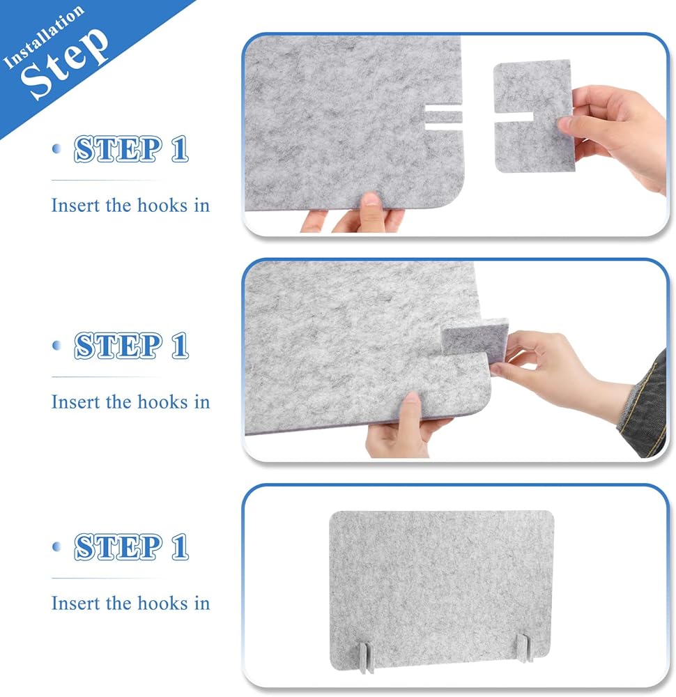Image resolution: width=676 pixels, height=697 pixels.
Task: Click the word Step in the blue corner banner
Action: click(x=65, y=62)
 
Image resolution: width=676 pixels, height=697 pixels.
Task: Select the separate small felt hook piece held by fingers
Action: click(x=534, y=116)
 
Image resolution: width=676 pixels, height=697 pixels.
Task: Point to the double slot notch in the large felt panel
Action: click(x=443, y=117)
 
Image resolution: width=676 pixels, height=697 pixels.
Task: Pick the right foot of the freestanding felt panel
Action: click(x=523, y=649)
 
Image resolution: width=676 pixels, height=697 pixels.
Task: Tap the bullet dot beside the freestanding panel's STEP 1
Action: click(x=56, y=546)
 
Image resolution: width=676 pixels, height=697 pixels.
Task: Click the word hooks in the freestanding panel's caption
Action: click(x=162, y=603)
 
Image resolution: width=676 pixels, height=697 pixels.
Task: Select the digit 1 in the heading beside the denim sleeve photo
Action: click(x=180, y=346)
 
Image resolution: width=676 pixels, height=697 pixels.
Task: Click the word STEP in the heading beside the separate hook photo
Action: click(x=118, y=149)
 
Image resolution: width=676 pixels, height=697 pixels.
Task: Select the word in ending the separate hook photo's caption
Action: click(x=201, y=206)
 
